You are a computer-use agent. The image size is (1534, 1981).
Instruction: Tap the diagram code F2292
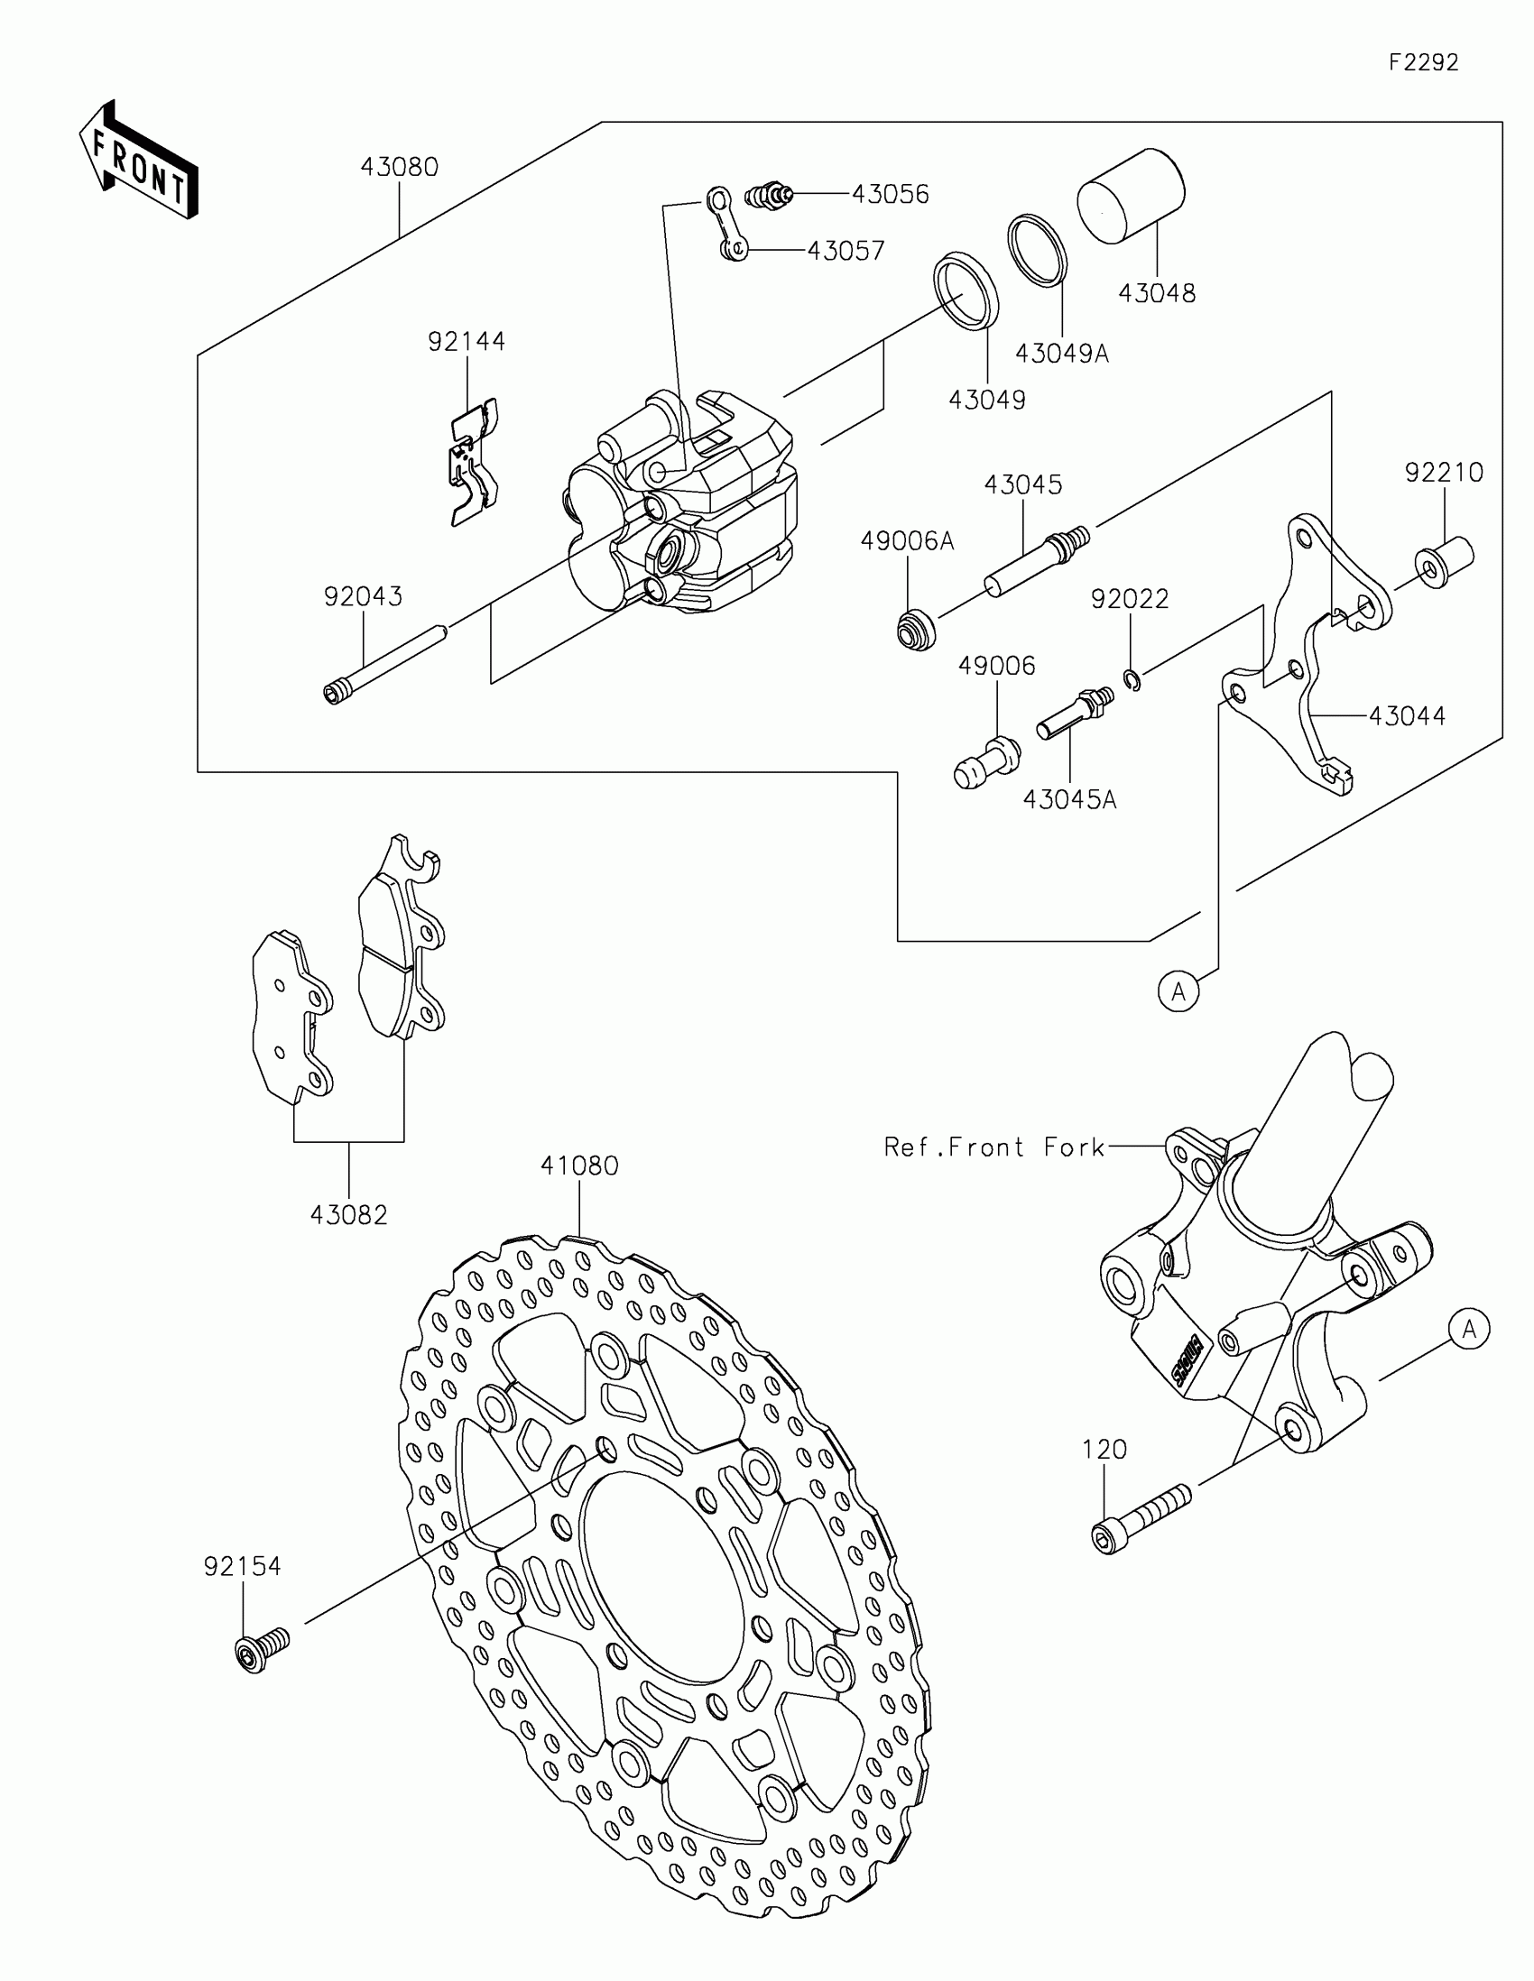[1423, 62]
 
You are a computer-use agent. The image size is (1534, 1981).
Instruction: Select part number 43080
[399, 168]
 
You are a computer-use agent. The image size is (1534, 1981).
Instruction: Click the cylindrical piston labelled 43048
[1131, 196]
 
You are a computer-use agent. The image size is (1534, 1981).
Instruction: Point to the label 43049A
[1061, 354]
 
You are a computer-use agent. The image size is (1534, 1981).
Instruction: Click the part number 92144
[467, 342]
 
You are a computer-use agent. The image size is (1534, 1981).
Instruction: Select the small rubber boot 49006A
[915, 630]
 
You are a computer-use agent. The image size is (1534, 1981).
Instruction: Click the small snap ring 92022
[1132, 678]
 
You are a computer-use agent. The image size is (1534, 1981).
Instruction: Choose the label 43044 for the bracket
[1407, 715]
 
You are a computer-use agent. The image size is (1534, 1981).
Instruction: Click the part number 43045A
[1069, 800]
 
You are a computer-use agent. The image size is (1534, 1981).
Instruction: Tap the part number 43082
[348, 1215]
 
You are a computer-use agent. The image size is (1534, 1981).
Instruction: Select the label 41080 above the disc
[579, 1166]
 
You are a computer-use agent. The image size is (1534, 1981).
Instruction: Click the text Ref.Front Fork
[994, 1147]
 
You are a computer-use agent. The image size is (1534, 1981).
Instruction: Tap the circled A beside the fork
[1469, 1329]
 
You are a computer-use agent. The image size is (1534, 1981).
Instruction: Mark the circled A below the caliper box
[1178, 992]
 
